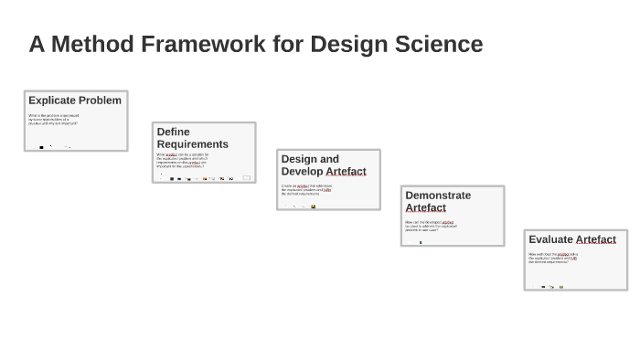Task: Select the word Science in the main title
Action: [x=438, y=44]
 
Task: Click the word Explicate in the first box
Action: [x=51, y=101]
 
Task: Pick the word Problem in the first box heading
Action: [x=100, y=101]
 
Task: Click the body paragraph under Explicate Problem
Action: [x=53, y=120]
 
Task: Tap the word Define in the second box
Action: [x=173, y=132]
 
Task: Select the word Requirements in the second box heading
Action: [x=192, y=144]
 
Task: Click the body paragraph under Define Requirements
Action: [x=182, y=160]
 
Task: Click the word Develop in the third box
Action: [x=302, y=172]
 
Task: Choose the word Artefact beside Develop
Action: [x=346, y=172]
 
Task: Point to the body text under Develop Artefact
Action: [x=306, y=190]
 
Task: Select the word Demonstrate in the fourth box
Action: [x=438, y=196]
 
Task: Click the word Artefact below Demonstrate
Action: [x=425, y=208]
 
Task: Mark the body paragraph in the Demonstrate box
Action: [x=431, y=226]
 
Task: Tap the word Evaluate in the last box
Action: [x=550, y=239]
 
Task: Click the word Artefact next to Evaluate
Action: [x=595, y=239]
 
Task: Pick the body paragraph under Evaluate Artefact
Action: [x=553, y=258]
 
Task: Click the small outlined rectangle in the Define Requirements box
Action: [x=246, y=178]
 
